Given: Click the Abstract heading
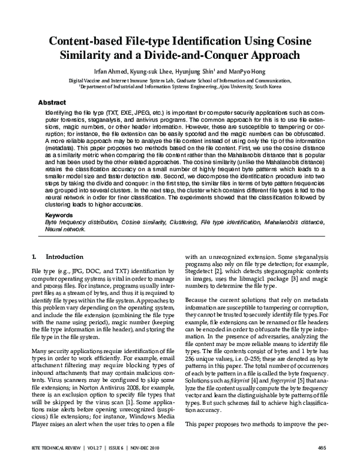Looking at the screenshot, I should tap(52, 102).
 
